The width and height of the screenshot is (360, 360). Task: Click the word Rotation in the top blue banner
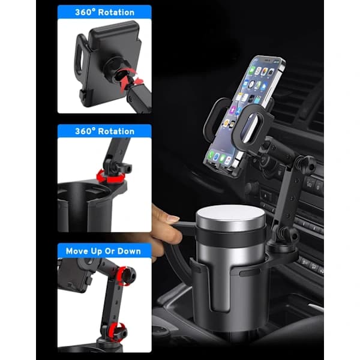point(116,13)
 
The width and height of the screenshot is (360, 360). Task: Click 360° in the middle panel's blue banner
point(85,131)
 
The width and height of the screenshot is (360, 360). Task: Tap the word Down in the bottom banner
point(129,251)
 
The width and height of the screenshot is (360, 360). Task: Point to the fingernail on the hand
point(173,218)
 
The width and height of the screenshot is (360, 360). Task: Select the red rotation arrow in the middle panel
point(110,177)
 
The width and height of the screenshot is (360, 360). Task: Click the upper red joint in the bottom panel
point(126,275)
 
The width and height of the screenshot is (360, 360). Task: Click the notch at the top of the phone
point(267,61)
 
